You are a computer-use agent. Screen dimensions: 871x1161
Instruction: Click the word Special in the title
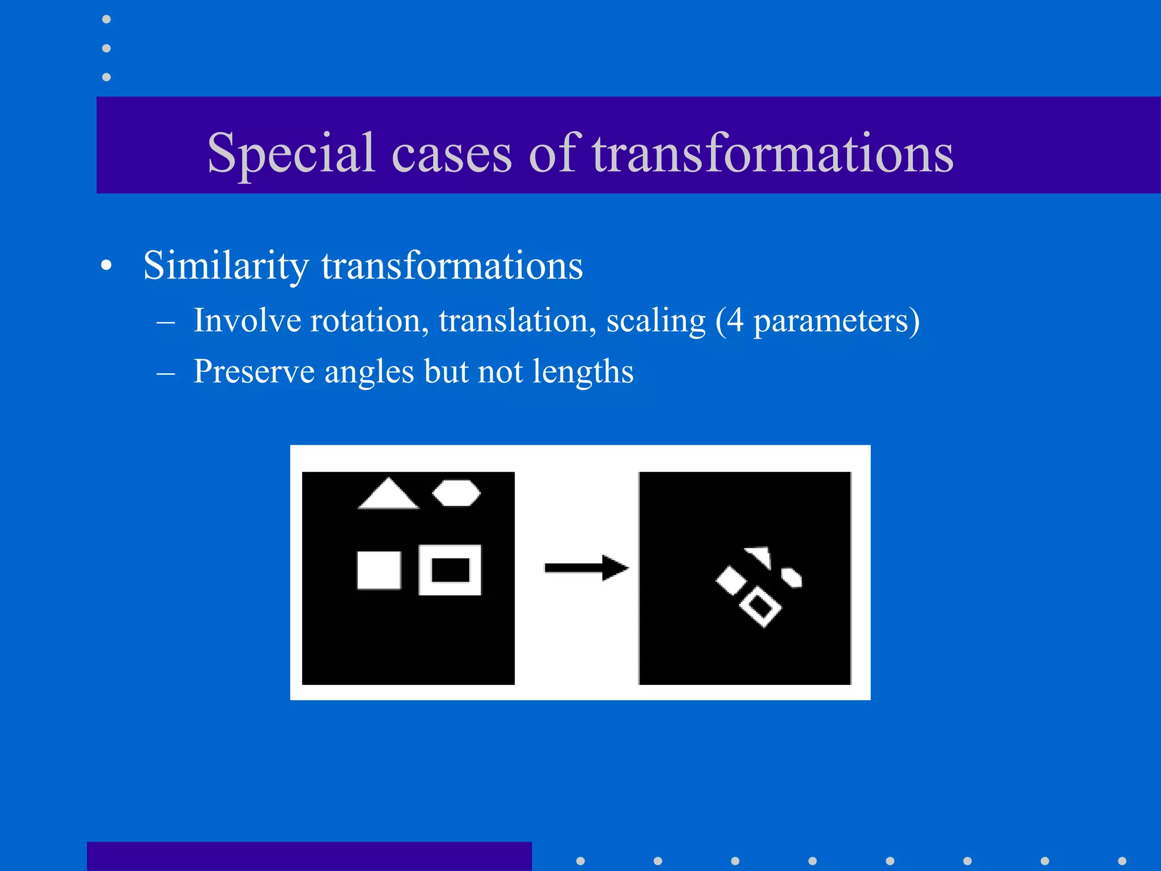[x=291, y=153]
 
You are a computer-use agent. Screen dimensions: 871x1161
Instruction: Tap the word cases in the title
[x=452, y=154]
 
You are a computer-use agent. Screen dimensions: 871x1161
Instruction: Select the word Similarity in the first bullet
[x=226, y=265]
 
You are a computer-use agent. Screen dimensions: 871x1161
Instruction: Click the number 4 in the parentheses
[x=735, y=320]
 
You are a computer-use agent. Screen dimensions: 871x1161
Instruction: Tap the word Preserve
[x=253, y=371]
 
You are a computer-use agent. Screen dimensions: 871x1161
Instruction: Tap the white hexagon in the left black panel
[x=456, y=493]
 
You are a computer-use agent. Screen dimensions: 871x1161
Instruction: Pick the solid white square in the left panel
[x=379, y=570]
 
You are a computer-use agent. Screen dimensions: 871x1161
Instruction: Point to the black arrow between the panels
[x=586, y=568]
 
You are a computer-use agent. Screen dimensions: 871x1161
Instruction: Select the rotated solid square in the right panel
[x=731, y=581]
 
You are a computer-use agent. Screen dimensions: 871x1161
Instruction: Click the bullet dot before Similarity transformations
[x=106, y=267]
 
